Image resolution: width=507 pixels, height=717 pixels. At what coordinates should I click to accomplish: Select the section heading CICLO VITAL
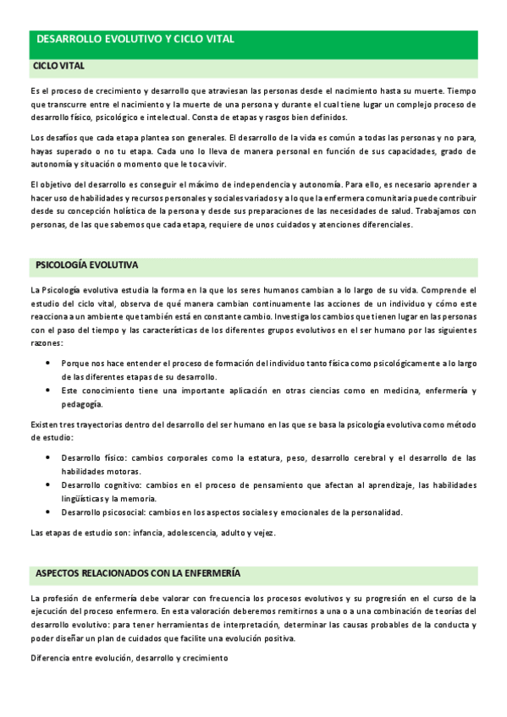[x=58, y=65]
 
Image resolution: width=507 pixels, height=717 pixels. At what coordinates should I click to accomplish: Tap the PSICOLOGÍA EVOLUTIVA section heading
[x=87, y=265]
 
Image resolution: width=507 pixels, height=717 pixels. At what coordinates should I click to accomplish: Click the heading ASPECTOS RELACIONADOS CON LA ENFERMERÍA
[x=138, y=573]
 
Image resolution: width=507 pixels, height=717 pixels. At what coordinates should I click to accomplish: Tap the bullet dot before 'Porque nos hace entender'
[x=47, y=363]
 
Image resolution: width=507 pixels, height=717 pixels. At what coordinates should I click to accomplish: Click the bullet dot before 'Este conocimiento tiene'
[x=47, y=391]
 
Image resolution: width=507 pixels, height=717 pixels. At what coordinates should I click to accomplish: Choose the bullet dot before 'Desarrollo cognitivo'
[x=47, y=484]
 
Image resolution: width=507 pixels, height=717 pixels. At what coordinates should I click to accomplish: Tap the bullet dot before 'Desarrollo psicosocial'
[x=47, y=512]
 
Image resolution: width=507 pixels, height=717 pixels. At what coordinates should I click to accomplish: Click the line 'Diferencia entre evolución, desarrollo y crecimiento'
[x=129, y=657]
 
